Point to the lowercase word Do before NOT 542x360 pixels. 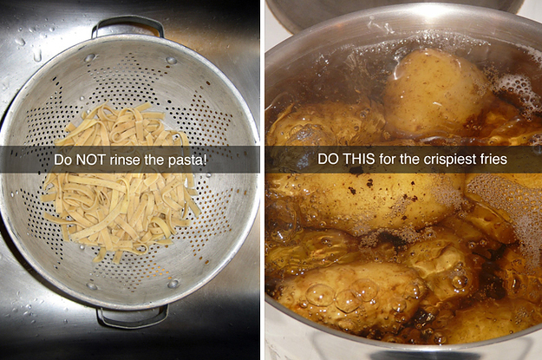pos(62,160)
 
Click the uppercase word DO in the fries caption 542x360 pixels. pos(329,159)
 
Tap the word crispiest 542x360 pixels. pos(436,160)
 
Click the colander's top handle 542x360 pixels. pos(127,21)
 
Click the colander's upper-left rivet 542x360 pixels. pos(89,58)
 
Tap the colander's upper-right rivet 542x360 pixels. pos(171,61)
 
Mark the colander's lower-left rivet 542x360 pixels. pos(92,286)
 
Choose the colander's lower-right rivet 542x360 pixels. pos(173,284)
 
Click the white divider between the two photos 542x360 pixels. pos(263,180)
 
